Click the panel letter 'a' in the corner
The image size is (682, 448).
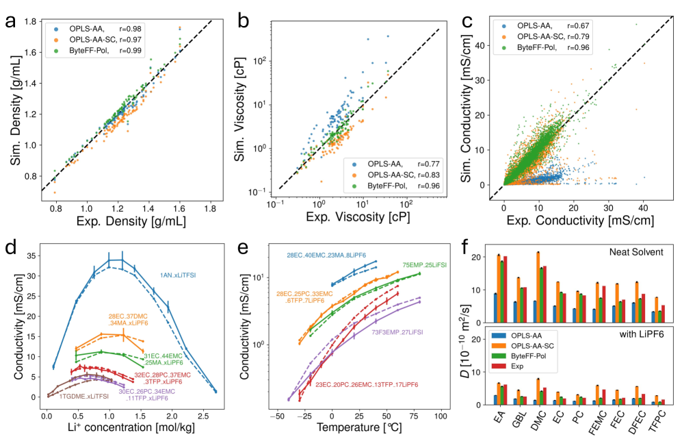click(12, 21)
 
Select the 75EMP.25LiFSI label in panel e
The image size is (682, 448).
click(423, 265)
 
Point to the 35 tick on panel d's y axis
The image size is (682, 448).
click(31, 256)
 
